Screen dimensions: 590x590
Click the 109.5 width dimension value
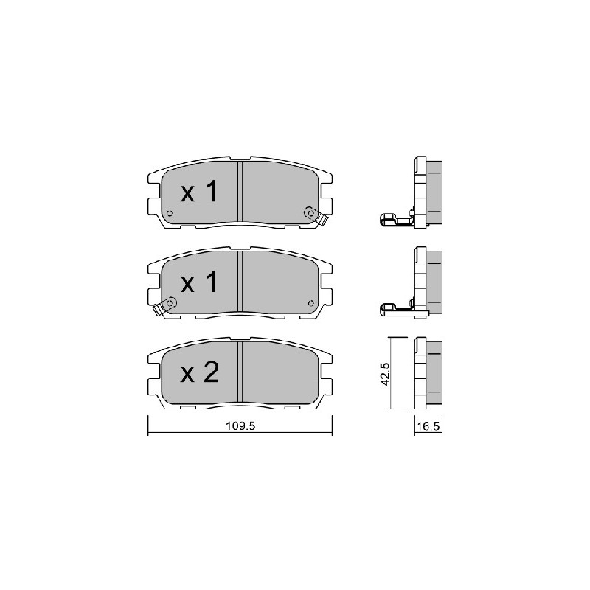pyautogui.click(x=240, y=426)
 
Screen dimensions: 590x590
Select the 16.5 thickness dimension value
pyautogui.click(x=428, y=426)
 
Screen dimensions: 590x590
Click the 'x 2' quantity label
pyautogui.click(x=199, y=372)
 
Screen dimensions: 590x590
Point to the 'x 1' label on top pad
pyautogui.click(x=199, y=191)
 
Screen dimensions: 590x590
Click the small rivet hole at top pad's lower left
pyautogui.click(x=170, y=213)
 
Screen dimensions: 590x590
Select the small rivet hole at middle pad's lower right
pyautogui.click(x=310, y=303)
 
